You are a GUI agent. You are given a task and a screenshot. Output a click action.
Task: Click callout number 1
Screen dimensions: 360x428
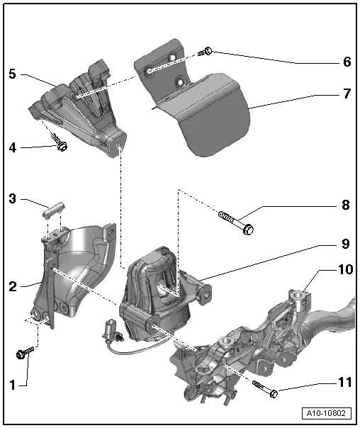point(13,385)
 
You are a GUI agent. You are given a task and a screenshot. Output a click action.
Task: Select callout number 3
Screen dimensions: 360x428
point(13,198)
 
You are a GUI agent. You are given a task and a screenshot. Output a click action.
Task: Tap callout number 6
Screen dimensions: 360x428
point(347,62)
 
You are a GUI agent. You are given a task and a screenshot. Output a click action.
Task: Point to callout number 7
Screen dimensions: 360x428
point(347,94)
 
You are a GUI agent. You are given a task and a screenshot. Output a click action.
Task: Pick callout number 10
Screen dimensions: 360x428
point(346,269)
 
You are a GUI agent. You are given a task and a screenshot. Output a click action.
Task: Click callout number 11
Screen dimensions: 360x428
point(345,382)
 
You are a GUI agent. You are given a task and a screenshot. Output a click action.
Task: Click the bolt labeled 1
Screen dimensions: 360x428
point(25,352)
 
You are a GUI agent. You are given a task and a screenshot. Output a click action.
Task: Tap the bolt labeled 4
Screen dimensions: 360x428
point(60,142)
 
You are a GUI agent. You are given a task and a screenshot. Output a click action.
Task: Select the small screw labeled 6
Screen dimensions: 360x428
point(206,52)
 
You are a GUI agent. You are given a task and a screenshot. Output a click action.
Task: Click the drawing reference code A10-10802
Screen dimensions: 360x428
point(326,413)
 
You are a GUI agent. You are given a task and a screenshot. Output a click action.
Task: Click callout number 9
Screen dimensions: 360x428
point(346,244)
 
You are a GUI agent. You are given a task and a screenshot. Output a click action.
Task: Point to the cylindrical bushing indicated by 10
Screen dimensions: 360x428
point(299,300)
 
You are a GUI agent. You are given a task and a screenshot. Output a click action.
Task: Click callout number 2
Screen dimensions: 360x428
point(13,286)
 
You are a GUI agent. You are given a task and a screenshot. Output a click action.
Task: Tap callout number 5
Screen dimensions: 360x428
point(13,74)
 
